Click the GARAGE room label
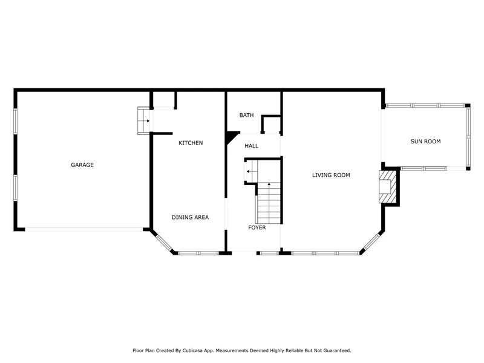(82, 165)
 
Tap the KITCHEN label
(191, 143)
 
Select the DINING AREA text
(190, 217)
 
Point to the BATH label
(246, 115)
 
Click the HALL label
(251, 146)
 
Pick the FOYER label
(257, 227)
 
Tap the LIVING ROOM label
(331, 175)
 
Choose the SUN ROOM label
(425, 142)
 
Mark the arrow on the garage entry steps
(148, 120)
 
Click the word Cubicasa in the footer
(192, 351)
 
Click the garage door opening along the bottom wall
(84, 229)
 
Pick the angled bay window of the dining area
(163, 243)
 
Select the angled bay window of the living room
(371, 242)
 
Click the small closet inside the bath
(271, 125)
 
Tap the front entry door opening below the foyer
(244, 253)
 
